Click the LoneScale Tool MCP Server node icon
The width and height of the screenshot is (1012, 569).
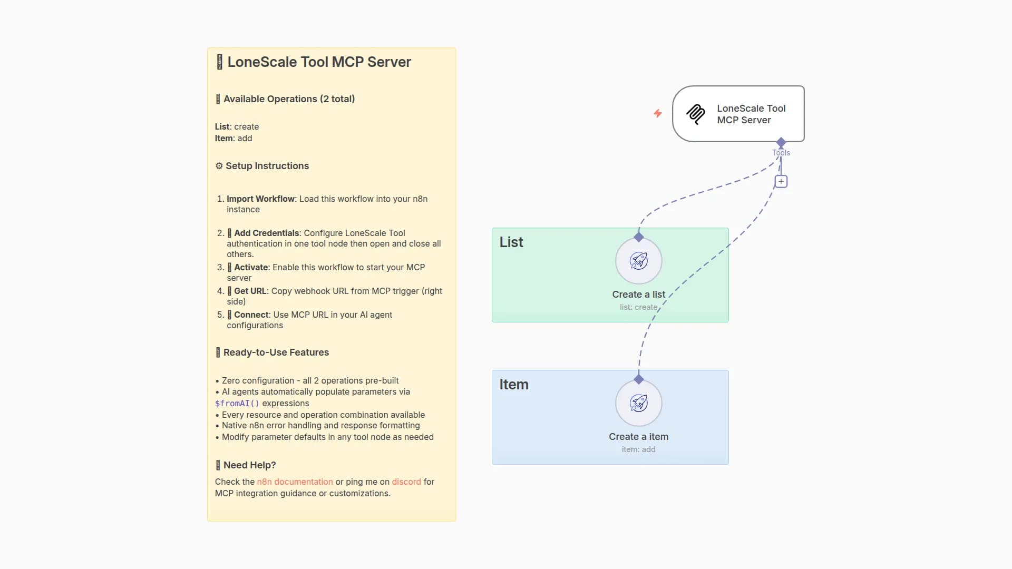[696, 114]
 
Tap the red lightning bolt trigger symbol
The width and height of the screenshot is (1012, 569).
[658, 113]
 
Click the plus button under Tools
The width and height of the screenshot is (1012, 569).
[781, 182]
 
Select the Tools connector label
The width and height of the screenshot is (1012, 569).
[781, 153]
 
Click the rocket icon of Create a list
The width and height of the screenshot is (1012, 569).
[639, 261]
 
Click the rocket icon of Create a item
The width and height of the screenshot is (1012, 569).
[639, 403]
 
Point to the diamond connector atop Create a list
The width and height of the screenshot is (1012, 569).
[639, 237]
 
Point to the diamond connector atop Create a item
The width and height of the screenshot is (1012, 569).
[639, 379]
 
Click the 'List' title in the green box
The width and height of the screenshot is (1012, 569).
[511, 242]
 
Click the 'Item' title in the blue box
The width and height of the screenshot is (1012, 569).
[514, 385]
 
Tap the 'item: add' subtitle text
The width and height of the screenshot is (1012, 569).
[639, 449]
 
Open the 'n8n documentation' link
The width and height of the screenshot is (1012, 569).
[295, 482]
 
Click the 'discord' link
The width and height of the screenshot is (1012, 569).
[406, 482]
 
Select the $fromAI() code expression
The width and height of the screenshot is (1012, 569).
[237, 404]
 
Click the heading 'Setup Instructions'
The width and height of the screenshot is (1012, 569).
[267, 166]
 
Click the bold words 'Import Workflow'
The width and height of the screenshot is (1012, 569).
[260, 199]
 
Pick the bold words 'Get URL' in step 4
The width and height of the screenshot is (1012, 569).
[250, 291]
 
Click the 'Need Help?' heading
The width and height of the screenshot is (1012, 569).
[249, 465]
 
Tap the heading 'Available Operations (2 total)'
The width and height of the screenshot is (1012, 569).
[289, 99]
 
